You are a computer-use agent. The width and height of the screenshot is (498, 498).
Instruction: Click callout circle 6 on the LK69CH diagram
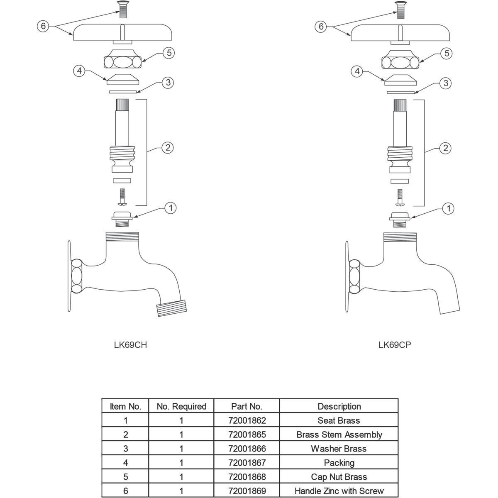43,26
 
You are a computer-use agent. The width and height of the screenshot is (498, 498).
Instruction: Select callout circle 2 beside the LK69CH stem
167,147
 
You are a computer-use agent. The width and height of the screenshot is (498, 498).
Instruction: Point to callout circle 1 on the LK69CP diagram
448,208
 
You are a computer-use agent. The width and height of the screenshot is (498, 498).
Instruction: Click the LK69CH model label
130,345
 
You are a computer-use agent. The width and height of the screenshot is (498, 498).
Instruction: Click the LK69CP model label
395,345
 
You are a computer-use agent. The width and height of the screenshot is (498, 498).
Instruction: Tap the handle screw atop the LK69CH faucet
122,9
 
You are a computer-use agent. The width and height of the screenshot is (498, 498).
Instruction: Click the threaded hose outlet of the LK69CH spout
171,309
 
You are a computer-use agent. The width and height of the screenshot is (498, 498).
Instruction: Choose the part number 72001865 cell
247,435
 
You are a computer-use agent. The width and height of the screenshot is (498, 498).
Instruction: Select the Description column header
339,406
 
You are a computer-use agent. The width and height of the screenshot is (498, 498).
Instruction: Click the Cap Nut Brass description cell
339,477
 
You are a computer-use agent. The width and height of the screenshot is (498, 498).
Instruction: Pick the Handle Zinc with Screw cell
339,491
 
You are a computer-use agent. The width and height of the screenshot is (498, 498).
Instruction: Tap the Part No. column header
247,406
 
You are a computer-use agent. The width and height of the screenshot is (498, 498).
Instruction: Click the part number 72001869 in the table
247,491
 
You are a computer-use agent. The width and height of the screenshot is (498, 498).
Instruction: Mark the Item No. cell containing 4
125,463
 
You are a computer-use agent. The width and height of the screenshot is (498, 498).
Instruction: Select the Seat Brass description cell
339,420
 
